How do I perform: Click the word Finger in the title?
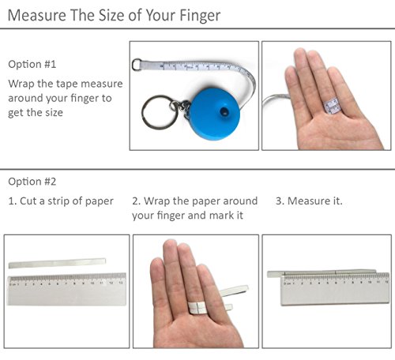pyautogui.click(x=200, y=16)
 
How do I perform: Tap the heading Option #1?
pyautogui.click(x=32, y=64)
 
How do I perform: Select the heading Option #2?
pyautogui.click(x=32, y=182)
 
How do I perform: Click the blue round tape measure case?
pyautogui.click(x=215, y=114)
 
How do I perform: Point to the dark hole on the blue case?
pyautogui.click(x=224, y=111)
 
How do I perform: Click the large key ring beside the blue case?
pyautogui.click(x=160, y=112)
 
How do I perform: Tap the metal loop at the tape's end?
pyautogui.click(x=137, y=65)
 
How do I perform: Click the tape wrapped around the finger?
pyautogui.click(x=331, y=106)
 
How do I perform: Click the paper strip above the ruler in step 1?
pyautogui.click(x=57, y=263)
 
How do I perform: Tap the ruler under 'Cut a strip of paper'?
pyautogui.click(x=66, y=289)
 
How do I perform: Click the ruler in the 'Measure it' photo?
pyautogui.click(x=335, y=290)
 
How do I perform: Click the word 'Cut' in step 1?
pyautogui.click(x=28, y=201)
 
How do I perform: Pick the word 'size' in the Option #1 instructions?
pyautogui.click(x=54, y=113)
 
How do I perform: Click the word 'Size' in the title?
pyautogui.click(x=112, y=16)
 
